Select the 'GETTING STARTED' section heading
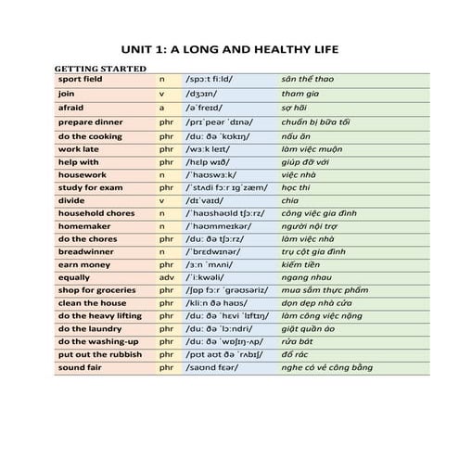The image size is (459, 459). point(99,69)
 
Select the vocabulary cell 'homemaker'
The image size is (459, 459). point(83,225)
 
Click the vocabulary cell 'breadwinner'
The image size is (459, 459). point(85,250)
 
